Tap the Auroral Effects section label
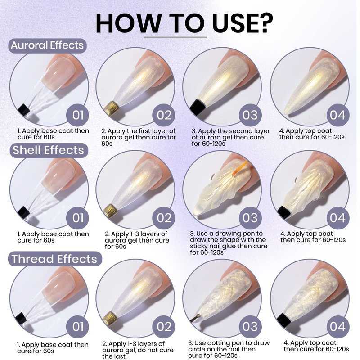[48, 45]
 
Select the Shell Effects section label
[49, 150]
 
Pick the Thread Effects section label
[54, 259]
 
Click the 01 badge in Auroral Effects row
[78, 115]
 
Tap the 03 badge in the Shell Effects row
[251, 218]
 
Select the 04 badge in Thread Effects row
[338, 327]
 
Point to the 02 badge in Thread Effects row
[164, 327]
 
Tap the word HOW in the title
[128, 23]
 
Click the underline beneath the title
[175, 37]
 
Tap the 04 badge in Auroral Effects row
[338, 115]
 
